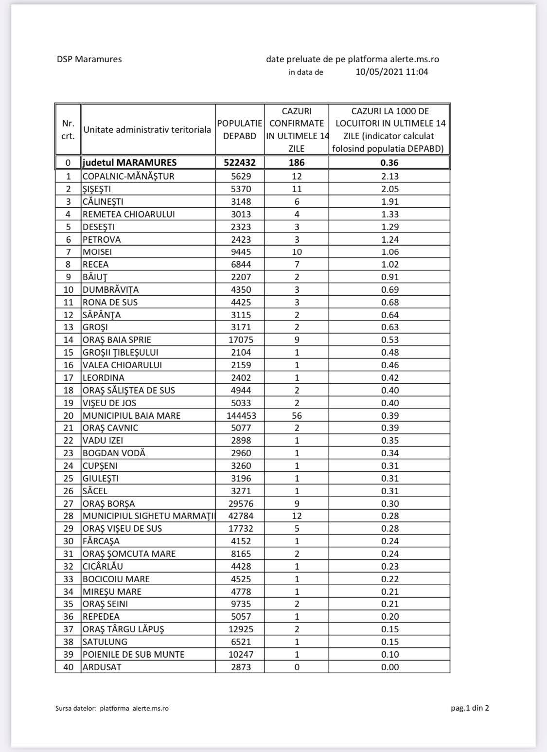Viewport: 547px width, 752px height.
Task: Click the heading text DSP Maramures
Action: click(89, 59)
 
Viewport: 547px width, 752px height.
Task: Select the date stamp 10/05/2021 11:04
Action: click(392, 72)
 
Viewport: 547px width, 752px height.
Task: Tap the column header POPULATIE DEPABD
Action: click(240, 130)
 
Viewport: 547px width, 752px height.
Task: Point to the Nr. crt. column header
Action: click(68, 130)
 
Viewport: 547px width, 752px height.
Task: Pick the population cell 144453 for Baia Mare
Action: click(241, 415)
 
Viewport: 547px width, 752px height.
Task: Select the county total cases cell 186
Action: click(297, 162)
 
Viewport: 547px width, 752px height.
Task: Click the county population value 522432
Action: click(240, 162)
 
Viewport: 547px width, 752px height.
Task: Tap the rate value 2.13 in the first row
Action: click(390, 176)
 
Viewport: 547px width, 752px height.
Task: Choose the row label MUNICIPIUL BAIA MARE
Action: click(131, 415)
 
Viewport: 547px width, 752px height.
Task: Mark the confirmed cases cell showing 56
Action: click(297, 415)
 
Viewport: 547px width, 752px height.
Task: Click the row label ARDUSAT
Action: click(102, 667)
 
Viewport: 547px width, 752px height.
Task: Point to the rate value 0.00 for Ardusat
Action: click(390, 667)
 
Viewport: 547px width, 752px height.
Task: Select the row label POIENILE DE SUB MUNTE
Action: click(133, 654)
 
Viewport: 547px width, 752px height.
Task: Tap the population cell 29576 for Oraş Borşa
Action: click(241, 503)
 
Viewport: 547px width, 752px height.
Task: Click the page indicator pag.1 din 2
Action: click(470, 708)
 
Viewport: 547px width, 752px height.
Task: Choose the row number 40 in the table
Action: click(69, 667)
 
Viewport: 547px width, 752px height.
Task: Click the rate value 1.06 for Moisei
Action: click(390, 251)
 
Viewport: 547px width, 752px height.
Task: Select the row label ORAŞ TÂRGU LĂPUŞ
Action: click(123, 629)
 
